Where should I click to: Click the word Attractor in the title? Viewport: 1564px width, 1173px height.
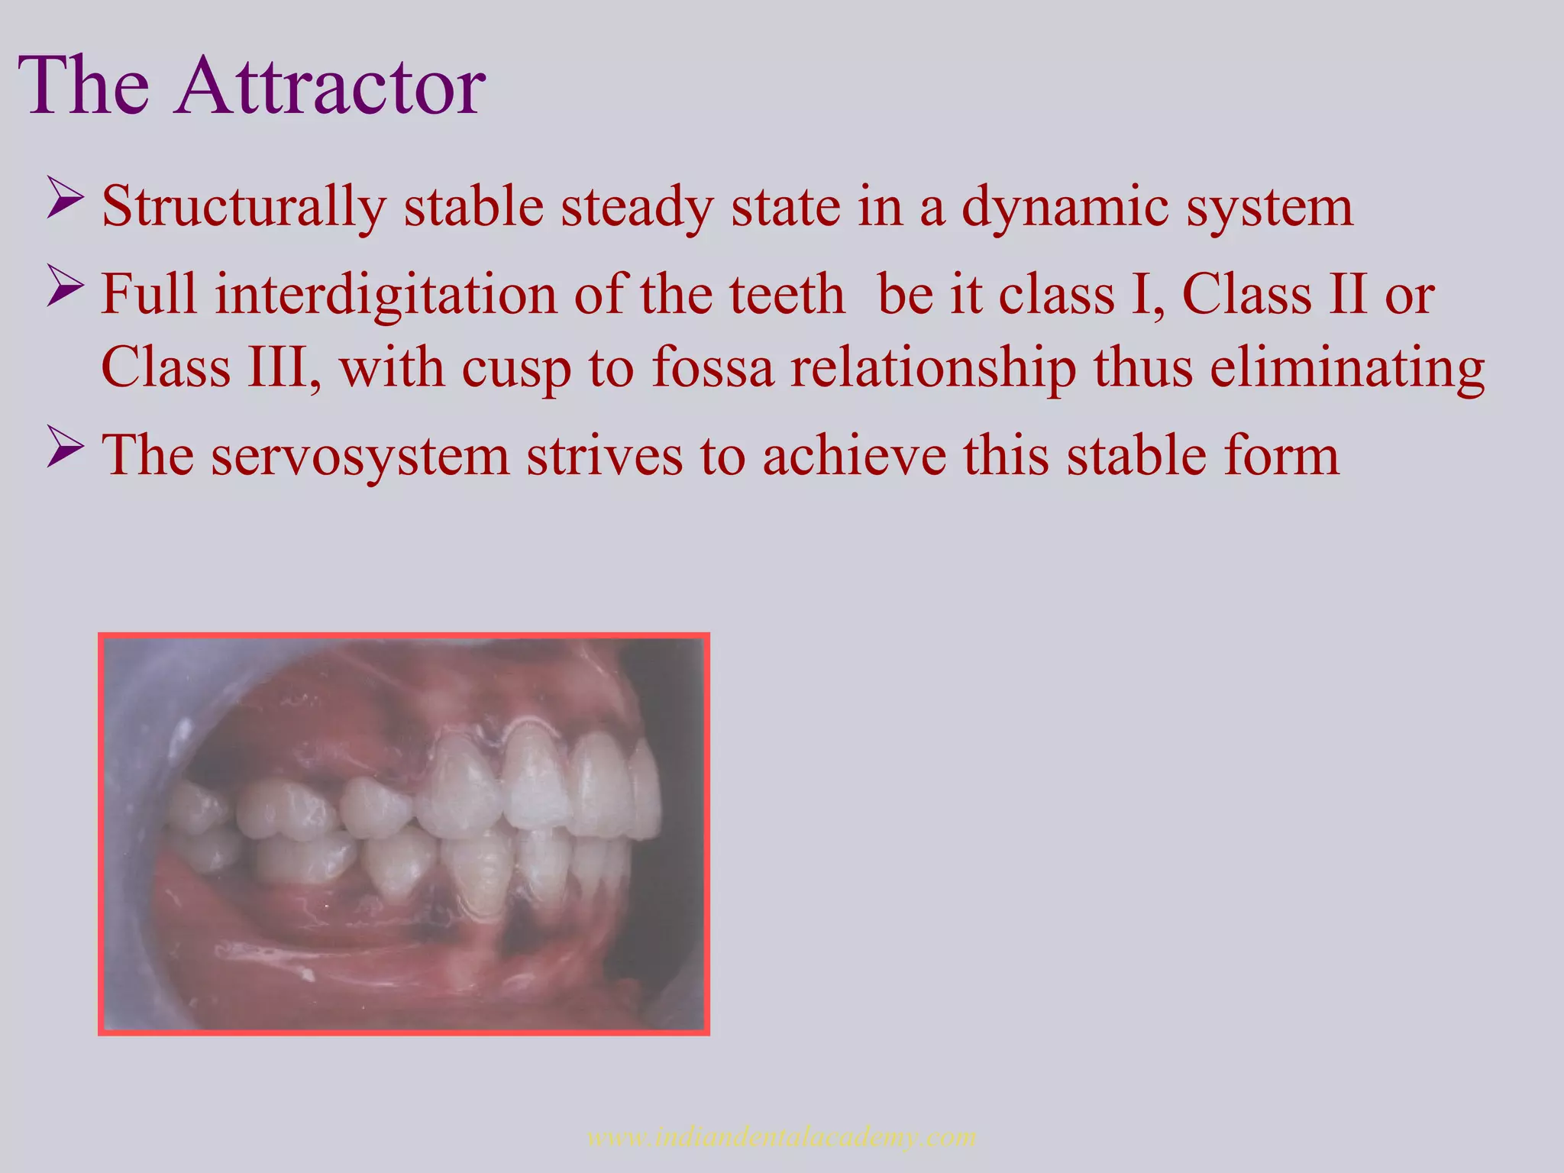point(330,86)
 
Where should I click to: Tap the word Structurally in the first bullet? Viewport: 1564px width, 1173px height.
point(243,208)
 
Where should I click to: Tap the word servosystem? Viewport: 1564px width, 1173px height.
point(360,457)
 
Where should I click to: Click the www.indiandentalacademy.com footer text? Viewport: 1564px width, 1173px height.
point(781,1136)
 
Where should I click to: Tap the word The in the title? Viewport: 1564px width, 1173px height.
point(84,86)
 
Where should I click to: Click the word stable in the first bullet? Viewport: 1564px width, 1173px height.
point(473,208)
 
